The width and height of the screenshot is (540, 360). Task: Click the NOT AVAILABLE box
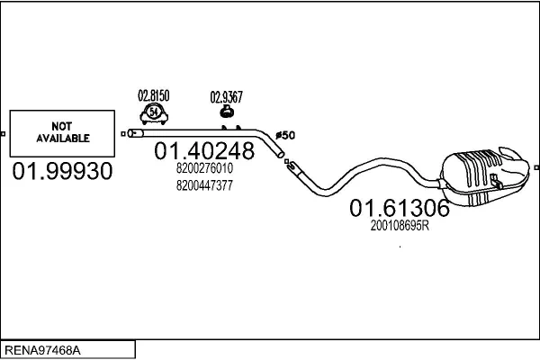pos(62,134)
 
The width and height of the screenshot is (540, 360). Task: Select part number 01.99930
pos(62,172)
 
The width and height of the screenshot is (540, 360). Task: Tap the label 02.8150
pos(153,94)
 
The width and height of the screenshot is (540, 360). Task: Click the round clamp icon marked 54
pos(153,112)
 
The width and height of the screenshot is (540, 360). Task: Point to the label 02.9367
pos(226,97)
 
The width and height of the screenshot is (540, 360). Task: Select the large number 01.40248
pos(204,151)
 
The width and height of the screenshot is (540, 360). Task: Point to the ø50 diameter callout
pos(284,135)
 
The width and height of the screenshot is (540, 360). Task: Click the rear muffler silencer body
pos(484,175)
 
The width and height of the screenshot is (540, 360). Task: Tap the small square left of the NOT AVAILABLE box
pos(3,134)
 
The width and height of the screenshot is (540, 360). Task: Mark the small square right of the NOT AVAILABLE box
pos(122,134)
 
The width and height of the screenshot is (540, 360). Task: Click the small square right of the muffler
pos(535,166)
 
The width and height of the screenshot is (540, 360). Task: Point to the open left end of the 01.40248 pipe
pos(131,133)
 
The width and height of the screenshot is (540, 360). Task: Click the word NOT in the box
pos(63,128)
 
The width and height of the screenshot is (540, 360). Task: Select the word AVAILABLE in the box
pos(63,139)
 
